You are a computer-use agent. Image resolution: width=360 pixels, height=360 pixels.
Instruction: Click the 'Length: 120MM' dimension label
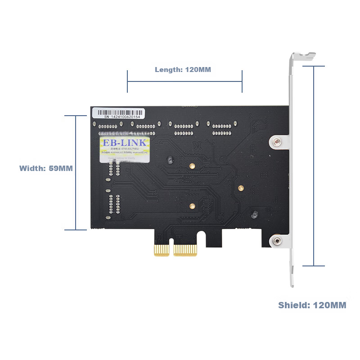click(183, 70)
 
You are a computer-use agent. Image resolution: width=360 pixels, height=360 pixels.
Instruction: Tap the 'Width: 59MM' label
click(46, 168)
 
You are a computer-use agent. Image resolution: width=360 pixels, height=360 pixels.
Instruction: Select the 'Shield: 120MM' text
click(312, 305)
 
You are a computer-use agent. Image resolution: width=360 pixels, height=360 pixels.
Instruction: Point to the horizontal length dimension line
click(184, 81)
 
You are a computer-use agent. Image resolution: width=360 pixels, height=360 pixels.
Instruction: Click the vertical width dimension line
click(76, 173)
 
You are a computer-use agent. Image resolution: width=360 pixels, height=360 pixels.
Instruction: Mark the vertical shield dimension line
click(313, 166)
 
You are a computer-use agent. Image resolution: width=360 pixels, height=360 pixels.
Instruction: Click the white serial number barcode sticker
click(119, 113)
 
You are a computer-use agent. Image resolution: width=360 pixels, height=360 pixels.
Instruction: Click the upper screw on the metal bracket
click(277, 142)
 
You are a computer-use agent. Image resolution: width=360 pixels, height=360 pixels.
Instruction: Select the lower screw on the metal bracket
click(277, 242)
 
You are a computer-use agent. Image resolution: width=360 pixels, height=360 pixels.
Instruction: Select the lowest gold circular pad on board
click(192, 207)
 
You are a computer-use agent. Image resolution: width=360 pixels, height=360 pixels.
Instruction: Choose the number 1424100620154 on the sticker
click(125, 117)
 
